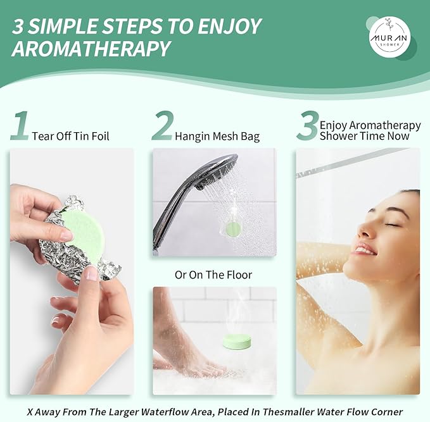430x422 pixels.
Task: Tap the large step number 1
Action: [x=20, y=125]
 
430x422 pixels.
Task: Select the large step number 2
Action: [x=163, y=125]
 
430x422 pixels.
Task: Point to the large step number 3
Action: [x=308, y=125]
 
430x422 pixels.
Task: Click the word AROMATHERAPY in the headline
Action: [x=91, y=49]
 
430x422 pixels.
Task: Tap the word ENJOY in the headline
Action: [x=229, y=27]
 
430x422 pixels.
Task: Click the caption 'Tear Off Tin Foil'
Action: [x=70, y=136]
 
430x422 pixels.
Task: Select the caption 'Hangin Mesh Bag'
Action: [x=217, y=136]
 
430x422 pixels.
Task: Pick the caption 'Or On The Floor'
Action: [x=213, y=275]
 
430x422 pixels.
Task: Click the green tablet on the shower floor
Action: [x=237, y=342]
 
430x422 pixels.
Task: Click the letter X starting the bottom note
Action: [x=30, y=412]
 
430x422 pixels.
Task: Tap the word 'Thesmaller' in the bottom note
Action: [x=288, y=412]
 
